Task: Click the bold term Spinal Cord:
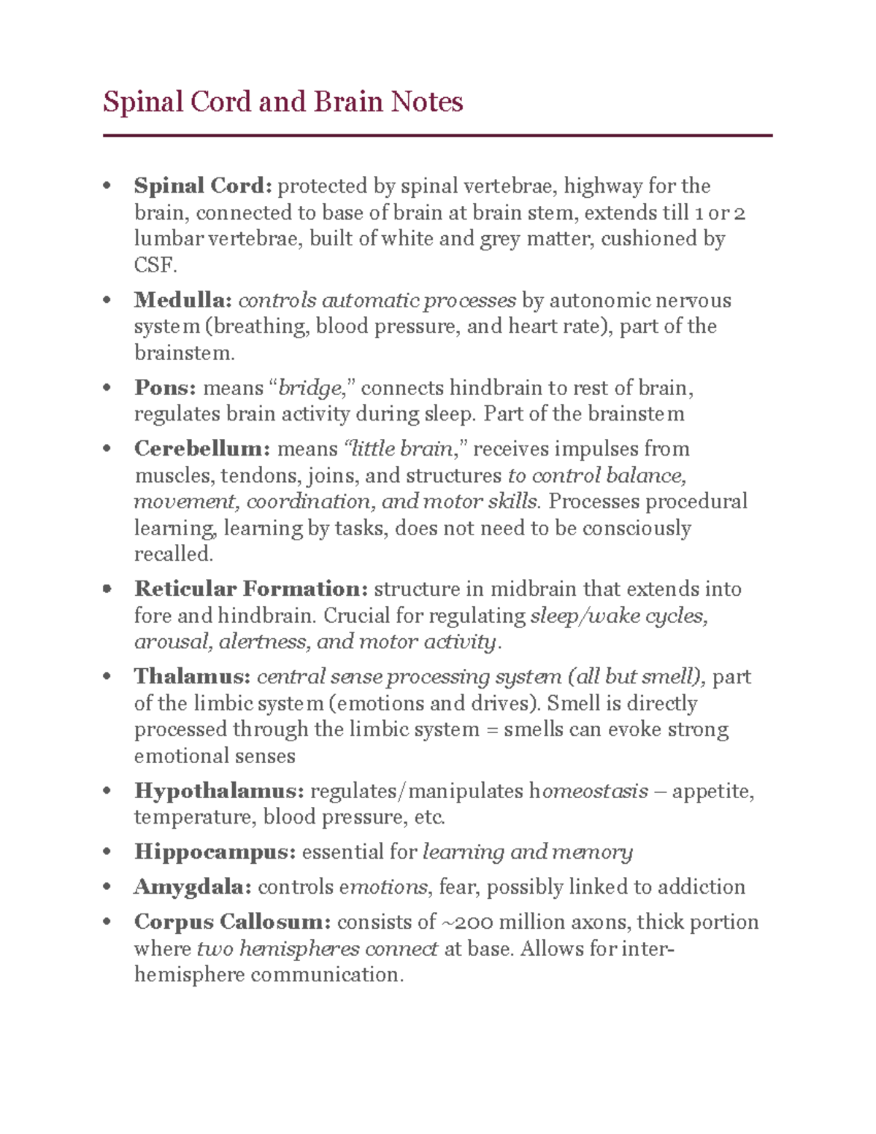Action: [x=202, y=186]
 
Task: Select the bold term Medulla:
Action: [x=182, y=300]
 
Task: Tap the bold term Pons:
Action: [x=165, y=387]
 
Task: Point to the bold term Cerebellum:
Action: [x=202, y=448]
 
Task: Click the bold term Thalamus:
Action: [x=192, y=676]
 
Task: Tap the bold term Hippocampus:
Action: [x=215, y=852]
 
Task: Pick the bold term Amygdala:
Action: [x=193, y=887]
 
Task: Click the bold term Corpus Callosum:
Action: [x=232, y=922]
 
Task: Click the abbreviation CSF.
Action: [x=154, y=265]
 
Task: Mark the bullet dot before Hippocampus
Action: [x=108, y=852]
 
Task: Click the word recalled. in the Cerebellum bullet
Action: [x=174, y=554]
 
